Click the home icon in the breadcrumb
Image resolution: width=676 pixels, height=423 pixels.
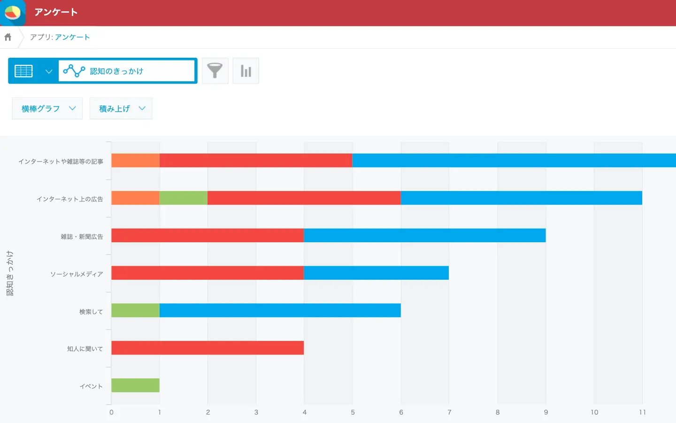[8, 37]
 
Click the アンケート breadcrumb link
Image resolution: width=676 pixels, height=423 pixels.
[72, 37]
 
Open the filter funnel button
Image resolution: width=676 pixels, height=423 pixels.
[215, 71]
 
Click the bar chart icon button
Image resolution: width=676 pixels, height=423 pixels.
[246, 71]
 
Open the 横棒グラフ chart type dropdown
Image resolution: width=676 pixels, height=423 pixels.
[47, 108]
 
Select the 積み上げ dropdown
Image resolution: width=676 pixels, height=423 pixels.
[121, 108]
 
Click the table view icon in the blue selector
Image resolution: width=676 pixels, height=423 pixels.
[23, 71]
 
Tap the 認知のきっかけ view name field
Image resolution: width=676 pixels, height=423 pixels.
[126, 71]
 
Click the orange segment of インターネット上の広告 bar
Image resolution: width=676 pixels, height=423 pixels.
[135, 198]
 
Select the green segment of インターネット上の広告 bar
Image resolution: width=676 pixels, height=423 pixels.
[184, 198]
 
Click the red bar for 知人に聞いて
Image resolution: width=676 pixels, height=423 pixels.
[207, 348]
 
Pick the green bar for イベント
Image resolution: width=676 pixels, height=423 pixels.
[135, 385]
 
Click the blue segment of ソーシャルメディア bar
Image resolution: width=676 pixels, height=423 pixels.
[376, 273]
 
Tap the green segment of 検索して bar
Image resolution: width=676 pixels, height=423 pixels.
[135, 310]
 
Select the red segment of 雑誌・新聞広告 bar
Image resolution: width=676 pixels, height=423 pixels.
[207, 235]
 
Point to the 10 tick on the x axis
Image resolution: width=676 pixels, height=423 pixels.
[594, 412]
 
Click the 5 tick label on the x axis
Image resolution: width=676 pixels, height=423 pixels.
[353, 412]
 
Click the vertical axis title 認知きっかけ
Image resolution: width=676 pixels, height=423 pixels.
[10, 273]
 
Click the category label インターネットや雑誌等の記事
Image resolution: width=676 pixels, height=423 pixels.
[61, 162]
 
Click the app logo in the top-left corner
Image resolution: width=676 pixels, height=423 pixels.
[13, 13]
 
